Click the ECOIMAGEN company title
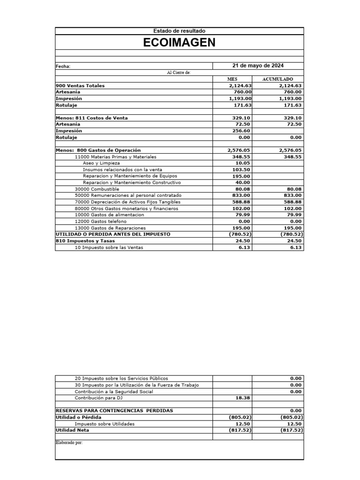[180, 43]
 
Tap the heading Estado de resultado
[180, 31]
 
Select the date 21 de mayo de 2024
[258, 66]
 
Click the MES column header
[232, 79]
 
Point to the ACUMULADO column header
[277, 79]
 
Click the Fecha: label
[63, 67]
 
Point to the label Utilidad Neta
[72, 430]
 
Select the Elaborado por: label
[69, 442]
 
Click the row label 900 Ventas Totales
[80, 86]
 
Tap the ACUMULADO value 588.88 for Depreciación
[292, 202]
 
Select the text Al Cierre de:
[180, 73]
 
